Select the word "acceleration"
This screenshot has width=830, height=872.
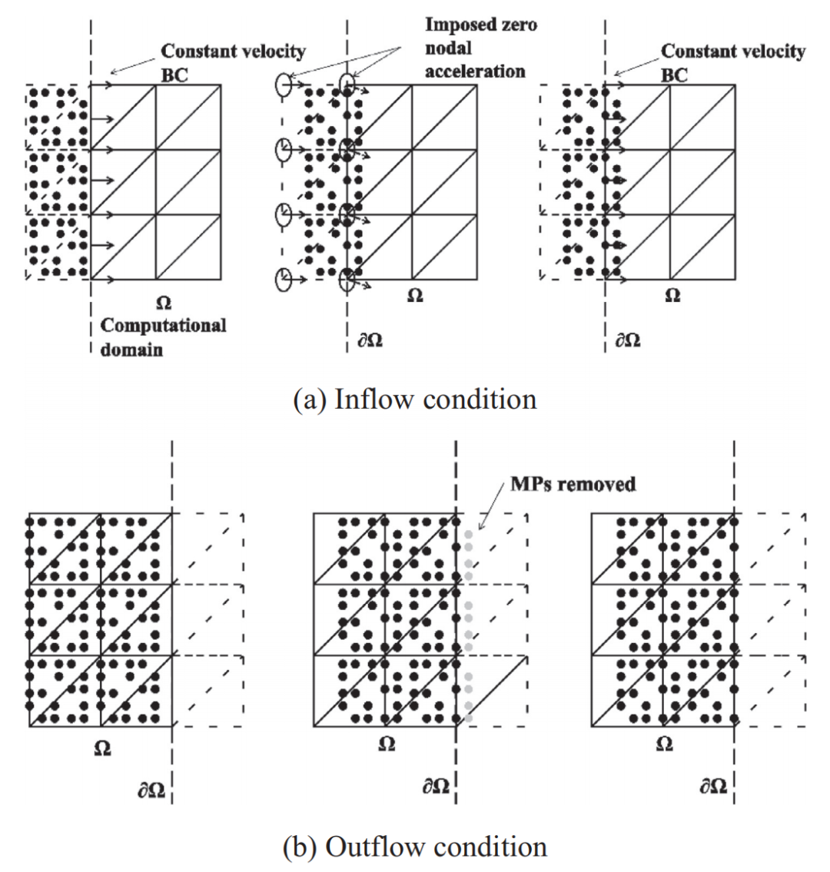tap(476, 71)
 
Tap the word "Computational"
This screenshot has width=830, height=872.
tap(164, 325)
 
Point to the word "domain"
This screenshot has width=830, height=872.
tap(131, 350)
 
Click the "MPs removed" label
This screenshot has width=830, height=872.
tap(573, 484)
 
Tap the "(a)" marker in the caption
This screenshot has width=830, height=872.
tap(310, 400)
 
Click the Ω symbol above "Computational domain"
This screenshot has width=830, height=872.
tap(163, 304)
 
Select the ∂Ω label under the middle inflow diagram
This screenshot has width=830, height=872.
tap(370, 340)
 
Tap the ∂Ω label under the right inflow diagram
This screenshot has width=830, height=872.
tap(627, 340)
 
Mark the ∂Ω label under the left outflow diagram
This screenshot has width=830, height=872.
tap(151, 789)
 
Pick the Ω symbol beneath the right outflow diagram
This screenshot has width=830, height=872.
tap(665, 744)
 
